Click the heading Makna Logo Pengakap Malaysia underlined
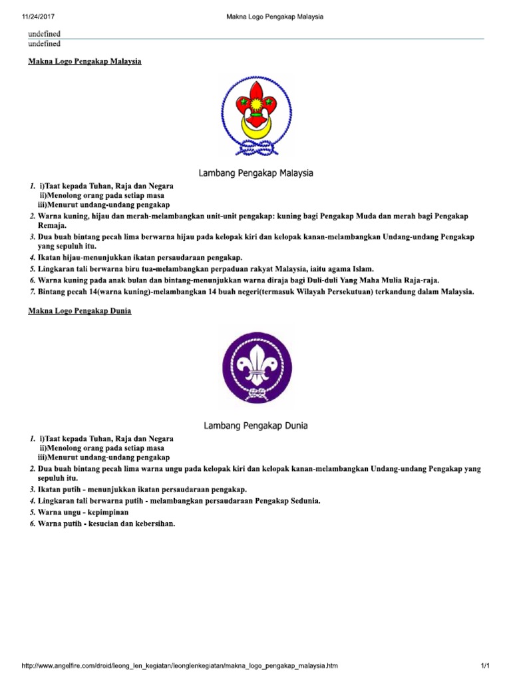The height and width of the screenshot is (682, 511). [85, 62]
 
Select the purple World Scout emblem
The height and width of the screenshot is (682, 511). [256, 367]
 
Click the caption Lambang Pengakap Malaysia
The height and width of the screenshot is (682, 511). [256, 173]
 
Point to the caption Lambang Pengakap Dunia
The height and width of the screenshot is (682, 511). [255, 425]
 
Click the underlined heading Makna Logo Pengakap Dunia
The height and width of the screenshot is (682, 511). [80, 311]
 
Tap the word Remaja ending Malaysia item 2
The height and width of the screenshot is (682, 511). [53, 226]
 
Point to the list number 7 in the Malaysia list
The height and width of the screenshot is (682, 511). [32, 290]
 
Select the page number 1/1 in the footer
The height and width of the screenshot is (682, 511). [485, 667]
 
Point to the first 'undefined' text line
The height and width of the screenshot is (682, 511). [44, 33]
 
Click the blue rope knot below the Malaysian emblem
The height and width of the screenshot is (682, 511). [255, 151]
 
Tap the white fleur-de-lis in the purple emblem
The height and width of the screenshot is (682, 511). [255, 364]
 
